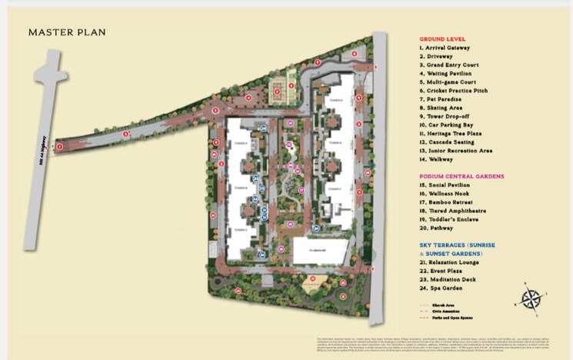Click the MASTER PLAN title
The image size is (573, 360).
click(67, 32)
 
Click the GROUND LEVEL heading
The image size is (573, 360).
click(441, 38)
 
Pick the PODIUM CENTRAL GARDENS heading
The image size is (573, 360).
click(461, 176)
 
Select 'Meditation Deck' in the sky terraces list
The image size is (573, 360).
click(448, 278)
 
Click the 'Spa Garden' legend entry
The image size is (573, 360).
click(441, 287)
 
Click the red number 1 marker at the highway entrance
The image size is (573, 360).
click(60, 145)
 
